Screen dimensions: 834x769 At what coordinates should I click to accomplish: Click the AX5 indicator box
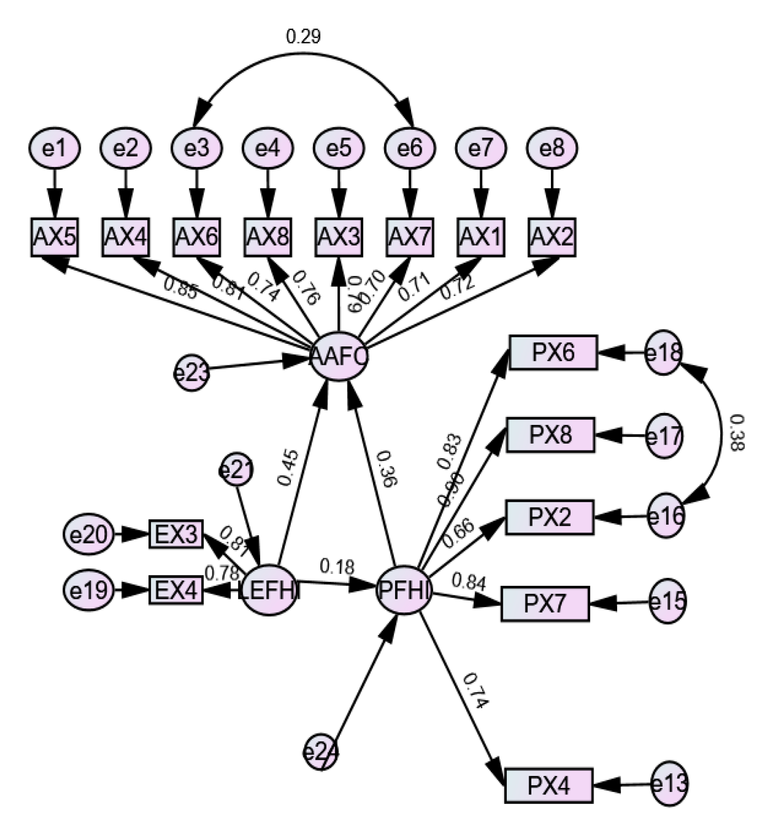(54, 238)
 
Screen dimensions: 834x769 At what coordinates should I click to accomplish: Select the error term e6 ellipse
(410, 149)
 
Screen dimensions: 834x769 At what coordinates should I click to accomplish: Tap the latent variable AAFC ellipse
(339, 357)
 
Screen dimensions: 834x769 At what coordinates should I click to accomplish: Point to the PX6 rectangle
(553, 353)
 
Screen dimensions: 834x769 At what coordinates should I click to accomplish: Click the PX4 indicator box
(549, 785)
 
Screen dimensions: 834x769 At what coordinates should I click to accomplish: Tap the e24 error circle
(320, 752)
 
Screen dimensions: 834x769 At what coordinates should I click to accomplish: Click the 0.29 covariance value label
(303, 37)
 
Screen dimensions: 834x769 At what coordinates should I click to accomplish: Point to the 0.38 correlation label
(736, 433)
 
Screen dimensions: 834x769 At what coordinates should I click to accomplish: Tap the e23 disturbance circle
(191, 372)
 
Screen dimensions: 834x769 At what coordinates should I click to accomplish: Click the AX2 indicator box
(552, 238)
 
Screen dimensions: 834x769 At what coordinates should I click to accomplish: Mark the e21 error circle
(236, 470)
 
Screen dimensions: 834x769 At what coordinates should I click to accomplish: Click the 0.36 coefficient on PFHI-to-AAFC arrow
(387, 469)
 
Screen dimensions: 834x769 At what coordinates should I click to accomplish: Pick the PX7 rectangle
(545, 603)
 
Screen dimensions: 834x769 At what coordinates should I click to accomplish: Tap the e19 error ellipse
(88, 591)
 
